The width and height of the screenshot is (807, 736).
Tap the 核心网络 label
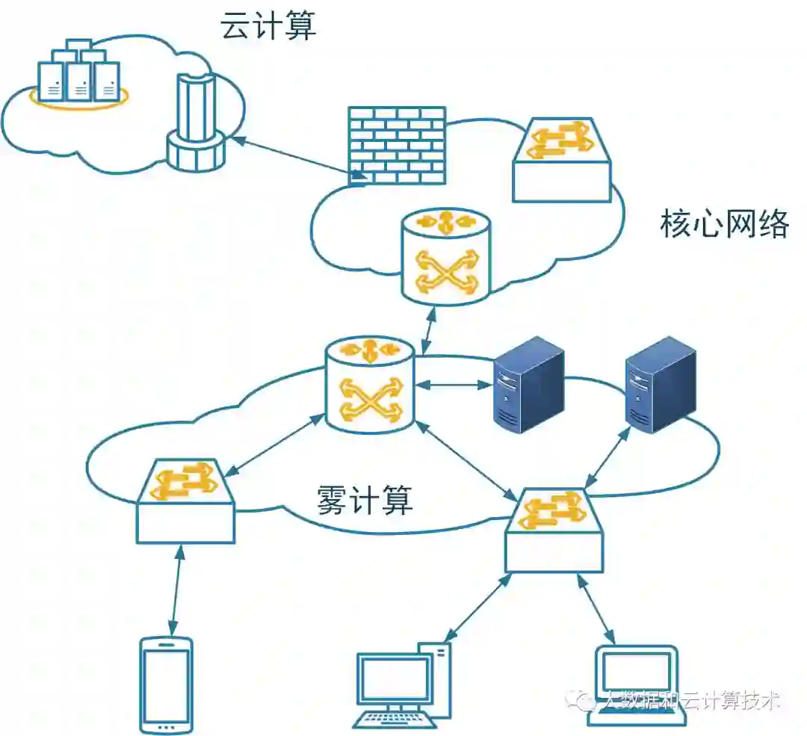tap(725, 224)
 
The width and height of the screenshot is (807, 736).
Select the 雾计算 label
tap(365, 500)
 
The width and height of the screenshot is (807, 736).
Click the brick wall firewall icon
tap(397, 145)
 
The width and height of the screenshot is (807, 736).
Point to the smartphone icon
tap(166, 684)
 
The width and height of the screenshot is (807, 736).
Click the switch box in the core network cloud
tap(562, 160)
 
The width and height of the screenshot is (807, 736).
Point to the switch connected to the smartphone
tap(185, 501)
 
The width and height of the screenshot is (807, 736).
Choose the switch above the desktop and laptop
tap(554, 530)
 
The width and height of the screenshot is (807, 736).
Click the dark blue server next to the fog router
tap(528, 386)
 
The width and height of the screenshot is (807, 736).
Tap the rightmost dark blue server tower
tap(661, 386)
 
